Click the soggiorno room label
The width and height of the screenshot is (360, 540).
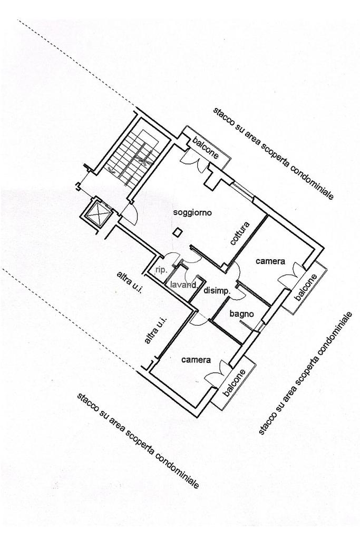[192, 213]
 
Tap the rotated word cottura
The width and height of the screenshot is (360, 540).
[240, 233]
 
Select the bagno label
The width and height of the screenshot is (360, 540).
[241, 314]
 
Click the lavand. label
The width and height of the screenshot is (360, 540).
[183, 285]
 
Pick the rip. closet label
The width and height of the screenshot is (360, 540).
[161, 269]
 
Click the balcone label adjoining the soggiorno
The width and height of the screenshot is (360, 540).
[205, 147]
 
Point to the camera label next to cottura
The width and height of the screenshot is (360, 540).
[270, 261]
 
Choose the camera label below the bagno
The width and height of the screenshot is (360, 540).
[196, 360]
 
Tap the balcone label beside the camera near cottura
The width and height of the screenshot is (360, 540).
[306, 288]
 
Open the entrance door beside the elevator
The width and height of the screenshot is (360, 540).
[128, 213]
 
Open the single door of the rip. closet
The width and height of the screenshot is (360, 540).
[170, 258]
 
